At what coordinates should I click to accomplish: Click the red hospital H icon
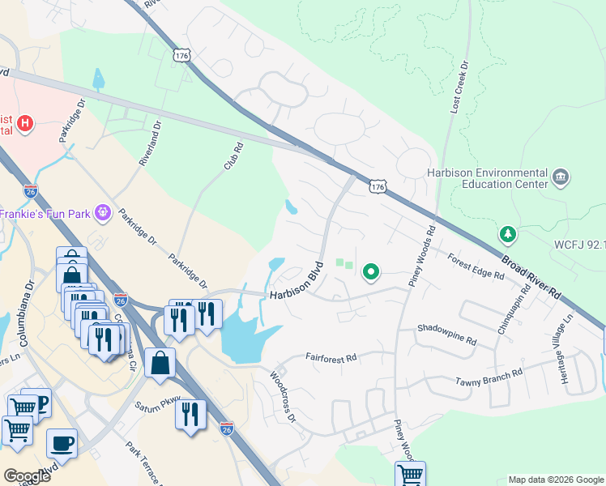[25, 124]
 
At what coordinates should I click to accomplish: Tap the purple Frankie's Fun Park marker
[103, 213]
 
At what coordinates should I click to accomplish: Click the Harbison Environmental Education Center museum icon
[560, 177]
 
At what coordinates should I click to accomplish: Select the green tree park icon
[508, 235]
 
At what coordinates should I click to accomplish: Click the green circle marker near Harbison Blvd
[371, 272]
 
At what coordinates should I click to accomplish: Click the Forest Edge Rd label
[476, 266]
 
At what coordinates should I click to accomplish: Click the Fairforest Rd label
[331, 357]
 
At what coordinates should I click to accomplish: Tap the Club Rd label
[233, 156]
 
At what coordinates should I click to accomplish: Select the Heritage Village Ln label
[562, 341]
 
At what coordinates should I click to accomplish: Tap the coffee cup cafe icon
[62, 444]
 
